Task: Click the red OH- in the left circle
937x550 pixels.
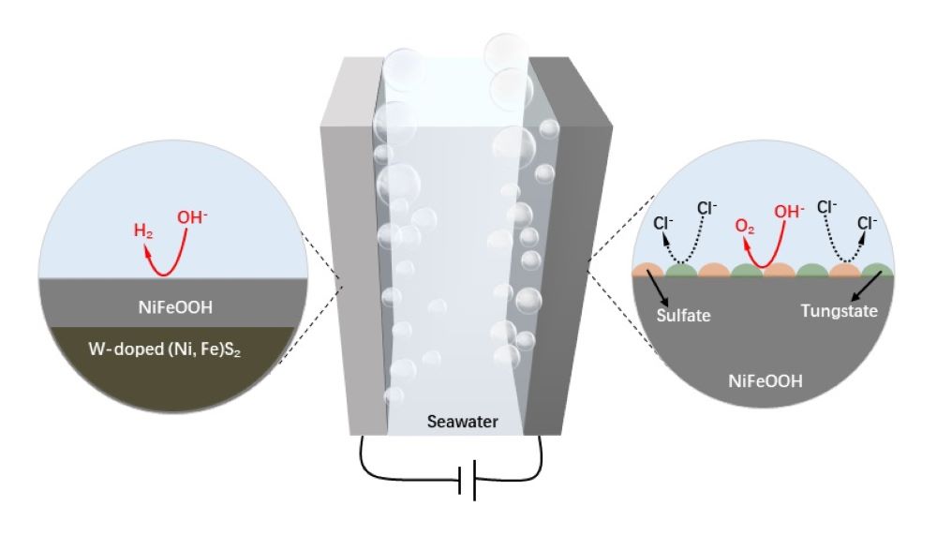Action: pyautogui.click(x=191, y=217)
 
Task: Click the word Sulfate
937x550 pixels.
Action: pyautogui.click(x=684, y=316)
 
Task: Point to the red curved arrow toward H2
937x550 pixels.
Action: pyautogui.click(x=159, y=260)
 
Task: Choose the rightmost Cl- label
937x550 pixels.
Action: pyautogui.click(x=868, y=225)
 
